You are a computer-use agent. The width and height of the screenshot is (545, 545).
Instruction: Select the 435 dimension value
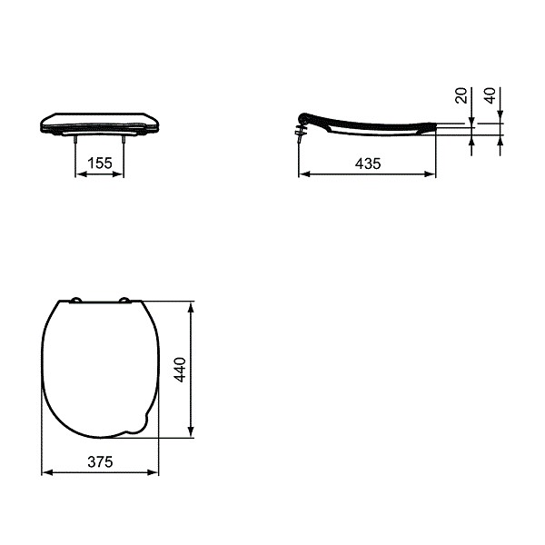367,163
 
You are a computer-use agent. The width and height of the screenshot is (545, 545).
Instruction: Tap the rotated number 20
461,97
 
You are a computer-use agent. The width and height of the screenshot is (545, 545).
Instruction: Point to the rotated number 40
490,97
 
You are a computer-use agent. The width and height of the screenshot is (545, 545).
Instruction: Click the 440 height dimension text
180,370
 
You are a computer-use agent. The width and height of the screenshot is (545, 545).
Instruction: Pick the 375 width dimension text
100,461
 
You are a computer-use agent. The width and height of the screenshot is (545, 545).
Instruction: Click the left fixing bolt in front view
74,140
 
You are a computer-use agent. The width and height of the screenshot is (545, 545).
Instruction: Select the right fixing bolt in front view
124,140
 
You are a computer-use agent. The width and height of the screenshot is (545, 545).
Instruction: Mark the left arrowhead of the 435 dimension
303,173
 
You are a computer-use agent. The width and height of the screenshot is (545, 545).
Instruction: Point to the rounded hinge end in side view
305,117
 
